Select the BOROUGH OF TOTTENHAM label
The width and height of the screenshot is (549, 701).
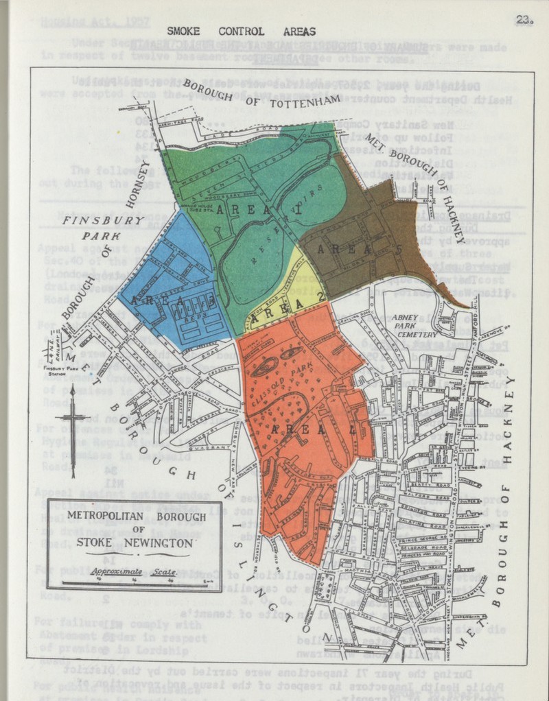click(x=261, y=100)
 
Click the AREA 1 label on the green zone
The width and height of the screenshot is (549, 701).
click(x=259, y=211)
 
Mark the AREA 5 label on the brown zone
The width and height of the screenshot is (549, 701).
click(x=361, y=249)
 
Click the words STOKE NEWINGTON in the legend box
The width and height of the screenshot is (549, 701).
click(x=135, y=542)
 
